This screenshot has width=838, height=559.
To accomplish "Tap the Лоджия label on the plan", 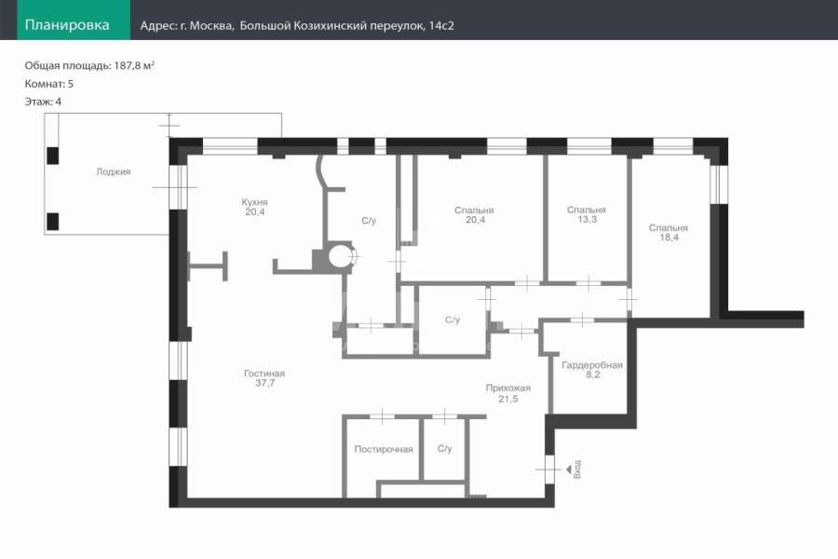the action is click(114, 171).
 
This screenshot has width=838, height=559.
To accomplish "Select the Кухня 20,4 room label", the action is click(255, 207).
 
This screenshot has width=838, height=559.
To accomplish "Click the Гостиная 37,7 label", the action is click(264, 378).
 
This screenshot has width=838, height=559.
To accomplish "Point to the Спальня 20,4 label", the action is click(475, 215).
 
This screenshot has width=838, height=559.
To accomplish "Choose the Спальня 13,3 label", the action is click(587, 214).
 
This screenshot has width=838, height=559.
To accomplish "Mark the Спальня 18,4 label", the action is click(669, 233).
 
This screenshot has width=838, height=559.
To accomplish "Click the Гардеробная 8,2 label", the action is click(592, 370).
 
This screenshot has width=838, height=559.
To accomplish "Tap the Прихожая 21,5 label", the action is click(508, 393).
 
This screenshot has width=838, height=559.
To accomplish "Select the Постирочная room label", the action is click(384, 449).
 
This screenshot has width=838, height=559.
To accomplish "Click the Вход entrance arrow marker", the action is click(570, 470).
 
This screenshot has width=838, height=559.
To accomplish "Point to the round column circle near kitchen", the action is click(341, 256).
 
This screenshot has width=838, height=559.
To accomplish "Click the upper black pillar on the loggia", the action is click(52, 156).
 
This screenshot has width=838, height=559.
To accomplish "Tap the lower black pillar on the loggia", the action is click(52, 222).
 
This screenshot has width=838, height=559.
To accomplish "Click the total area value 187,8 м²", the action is click(134, 65).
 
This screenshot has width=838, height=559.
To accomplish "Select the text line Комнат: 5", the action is click(49, 84).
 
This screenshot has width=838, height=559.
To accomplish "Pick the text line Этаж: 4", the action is click(43, 102).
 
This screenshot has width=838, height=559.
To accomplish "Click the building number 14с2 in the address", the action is click(441, 26).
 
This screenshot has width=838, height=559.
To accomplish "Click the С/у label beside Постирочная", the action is click(445, 449).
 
